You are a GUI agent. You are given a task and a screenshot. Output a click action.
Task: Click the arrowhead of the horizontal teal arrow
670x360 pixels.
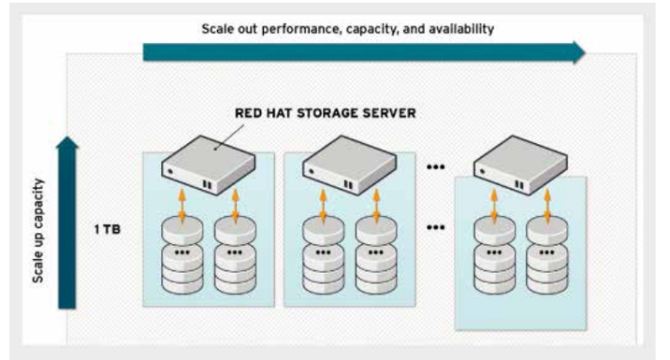[579, 52]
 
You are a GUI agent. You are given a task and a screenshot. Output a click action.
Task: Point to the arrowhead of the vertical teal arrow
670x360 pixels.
[68, 142]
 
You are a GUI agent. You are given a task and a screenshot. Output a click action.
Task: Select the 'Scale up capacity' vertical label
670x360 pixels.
[38, 230]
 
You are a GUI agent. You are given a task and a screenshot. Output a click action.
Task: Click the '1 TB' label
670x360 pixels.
[107, 229]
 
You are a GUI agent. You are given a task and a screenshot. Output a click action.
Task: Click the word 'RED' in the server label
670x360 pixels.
[246, 113]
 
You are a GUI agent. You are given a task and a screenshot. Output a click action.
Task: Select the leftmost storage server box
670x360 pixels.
[208, 166]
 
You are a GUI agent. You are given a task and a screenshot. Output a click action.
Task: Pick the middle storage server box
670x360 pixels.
[349, 166]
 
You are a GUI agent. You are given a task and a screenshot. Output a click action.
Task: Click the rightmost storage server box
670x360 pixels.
[521, 166]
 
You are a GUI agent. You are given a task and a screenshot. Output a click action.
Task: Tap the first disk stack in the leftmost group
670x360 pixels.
[182, 256]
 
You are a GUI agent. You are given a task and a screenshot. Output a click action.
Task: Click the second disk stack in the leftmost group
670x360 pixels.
[235, 256]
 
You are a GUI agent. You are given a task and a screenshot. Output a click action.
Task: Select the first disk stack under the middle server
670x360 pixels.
[323, 256]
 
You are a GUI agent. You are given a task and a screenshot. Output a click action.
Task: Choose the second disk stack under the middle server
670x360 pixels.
[376, 256]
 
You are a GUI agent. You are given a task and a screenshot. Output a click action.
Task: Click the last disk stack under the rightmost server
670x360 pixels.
[547, 256]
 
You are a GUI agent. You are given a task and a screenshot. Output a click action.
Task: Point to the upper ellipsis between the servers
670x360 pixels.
[436, 167]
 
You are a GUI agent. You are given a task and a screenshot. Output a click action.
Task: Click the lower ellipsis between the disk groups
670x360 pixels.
[436, 227]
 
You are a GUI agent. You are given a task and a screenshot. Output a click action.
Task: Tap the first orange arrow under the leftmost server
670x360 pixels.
[182, 206]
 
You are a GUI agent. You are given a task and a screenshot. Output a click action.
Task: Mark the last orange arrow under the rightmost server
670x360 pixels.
[547, 206]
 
